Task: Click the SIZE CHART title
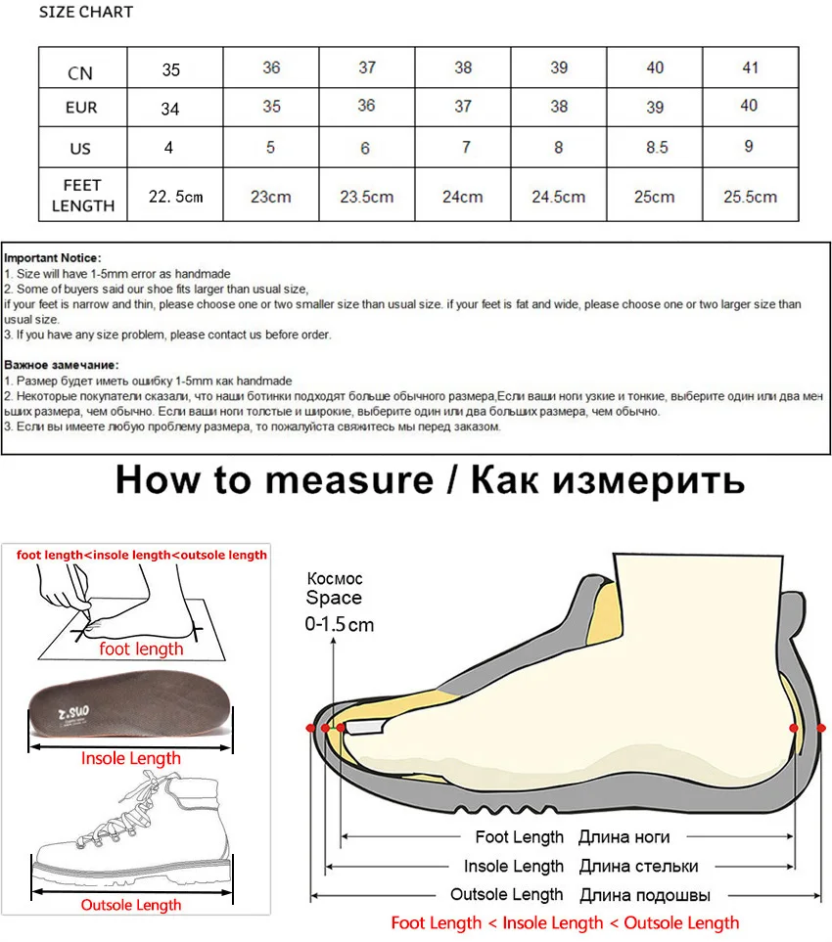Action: [x=86, y=13]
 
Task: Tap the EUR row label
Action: [x=81, y=108]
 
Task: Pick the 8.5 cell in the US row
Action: [x=655, y=148]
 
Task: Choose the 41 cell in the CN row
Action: [x=749, y=67]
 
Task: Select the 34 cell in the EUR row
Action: [x=170, y=109]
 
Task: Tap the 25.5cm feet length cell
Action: [x=750, y=197]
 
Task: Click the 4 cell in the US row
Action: [x=168, y=148]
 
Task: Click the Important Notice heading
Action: [x=52, y=258]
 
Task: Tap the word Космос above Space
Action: [x=335, y=578]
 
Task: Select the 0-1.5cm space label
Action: [x=340, y=624]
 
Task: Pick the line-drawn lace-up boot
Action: [x=129, y=831]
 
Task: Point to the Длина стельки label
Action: [x=638, y=866]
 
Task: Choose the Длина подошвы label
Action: [x=644, y=895]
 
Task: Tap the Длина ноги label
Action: [x=624, y=837]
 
